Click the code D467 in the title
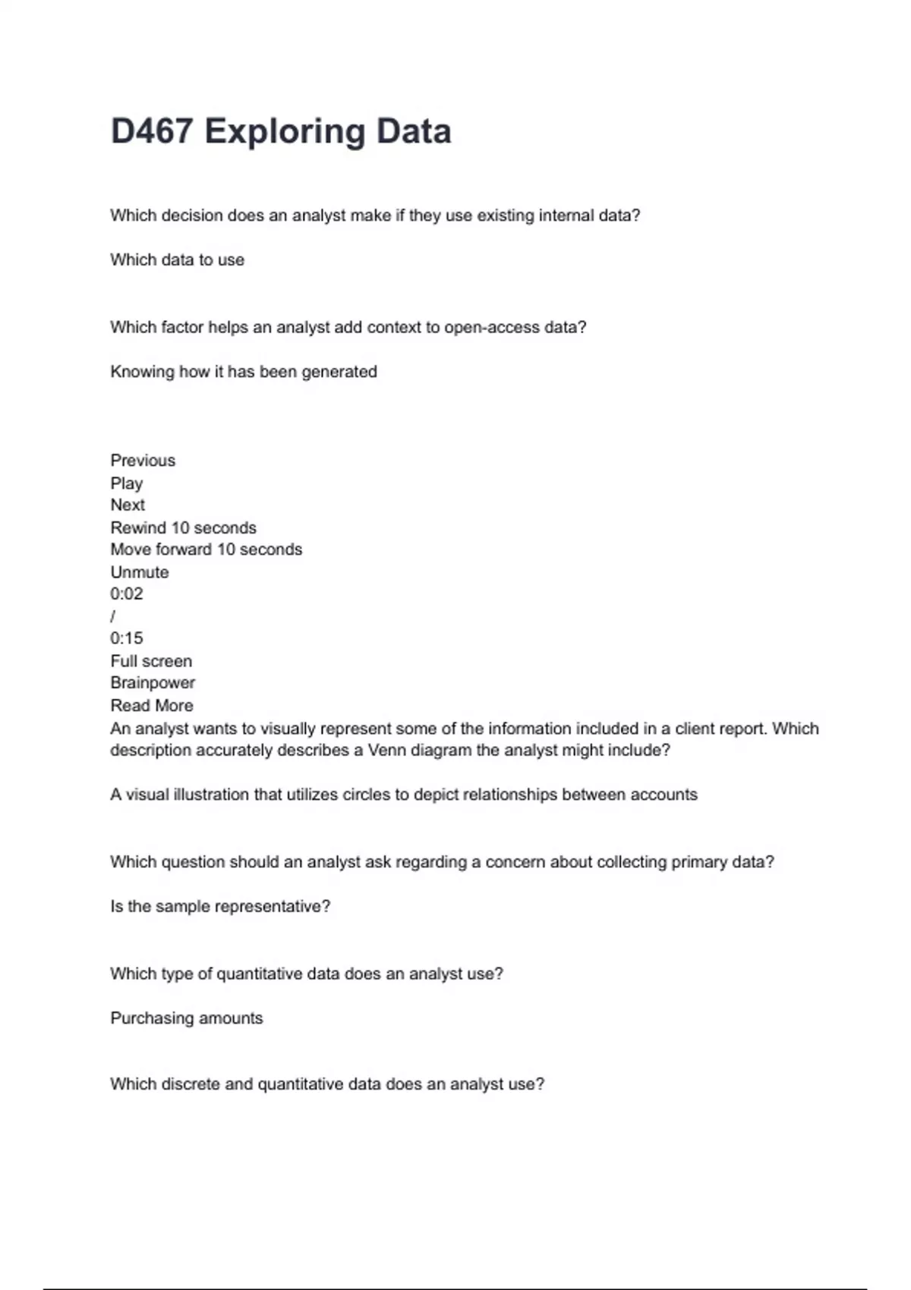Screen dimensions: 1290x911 tap(151, 131)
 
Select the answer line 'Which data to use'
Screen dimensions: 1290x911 tap(177, 260)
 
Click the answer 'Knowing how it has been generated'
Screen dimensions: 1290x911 tap(244, 372)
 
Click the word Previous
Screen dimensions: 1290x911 tap(143, 461)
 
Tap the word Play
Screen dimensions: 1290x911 tap(127, 483)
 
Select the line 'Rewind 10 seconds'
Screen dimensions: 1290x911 tap(183, 528)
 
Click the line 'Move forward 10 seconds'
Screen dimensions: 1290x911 tap(206, 549)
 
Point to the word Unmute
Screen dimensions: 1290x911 tap(140, 572)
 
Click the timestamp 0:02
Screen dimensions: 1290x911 tap(127, 594)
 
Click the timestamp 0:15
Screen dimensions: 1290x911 tap(127, 638)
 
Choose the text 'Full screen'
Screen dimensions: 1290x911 tap(151, 661)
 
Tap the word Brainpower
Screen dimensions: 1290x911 tap(153, 683)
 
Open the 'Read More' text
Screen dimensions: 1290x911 tap(152, 706)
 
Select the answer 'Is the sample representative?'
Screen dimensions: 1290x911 tap(220, 907)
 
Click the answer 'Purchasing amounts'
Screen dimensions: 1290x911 tap(187, 1018)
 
